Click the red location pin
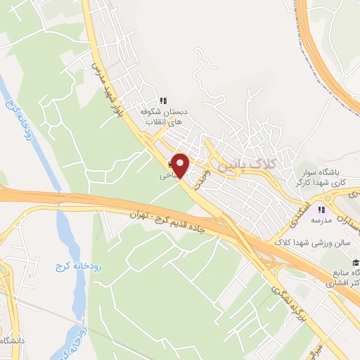pos(181,165)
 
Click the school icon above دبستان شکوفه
pos(164,100)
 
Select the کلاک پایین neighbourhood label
pos(250,165)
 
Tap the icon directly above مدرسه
pos(322,209)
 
